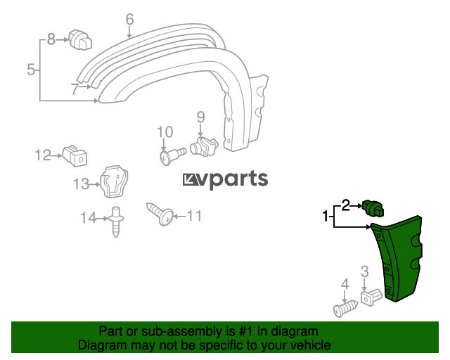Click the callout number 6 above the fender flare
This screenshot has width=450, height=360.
(129, 20)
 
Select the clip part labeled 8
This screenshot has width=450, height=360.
(80, 39)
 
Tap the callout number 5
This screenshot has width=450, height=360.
(31, 70)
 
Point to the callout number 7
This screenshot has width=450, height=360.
(75, 89)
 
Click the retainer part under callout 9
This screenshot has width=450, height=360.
(204, 146)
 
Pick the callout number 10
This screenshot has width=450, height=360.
(165, 132)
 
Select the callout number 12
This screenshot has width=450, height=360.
(43, 155)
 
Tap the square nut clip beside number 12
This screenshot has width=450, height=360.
(75, 156)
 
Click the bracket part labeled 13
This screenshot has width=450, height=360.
(114, 181)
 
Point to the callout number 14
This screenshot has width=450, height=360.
(88, 218)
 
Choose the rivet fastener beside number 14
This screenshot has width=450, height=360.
(116, 222)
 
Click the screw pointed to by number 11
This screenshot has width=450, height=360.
(160, 214)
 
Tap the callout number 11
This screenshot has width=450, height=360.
(194, 216)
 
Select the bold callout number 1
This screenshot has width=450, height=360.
(325, 216)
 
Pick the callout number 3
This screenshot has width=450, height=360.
(364, 271)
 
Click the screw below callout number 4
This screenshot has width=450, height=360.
(346, 309)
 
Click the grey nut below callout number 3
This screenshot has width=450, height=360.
(371, 297)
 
